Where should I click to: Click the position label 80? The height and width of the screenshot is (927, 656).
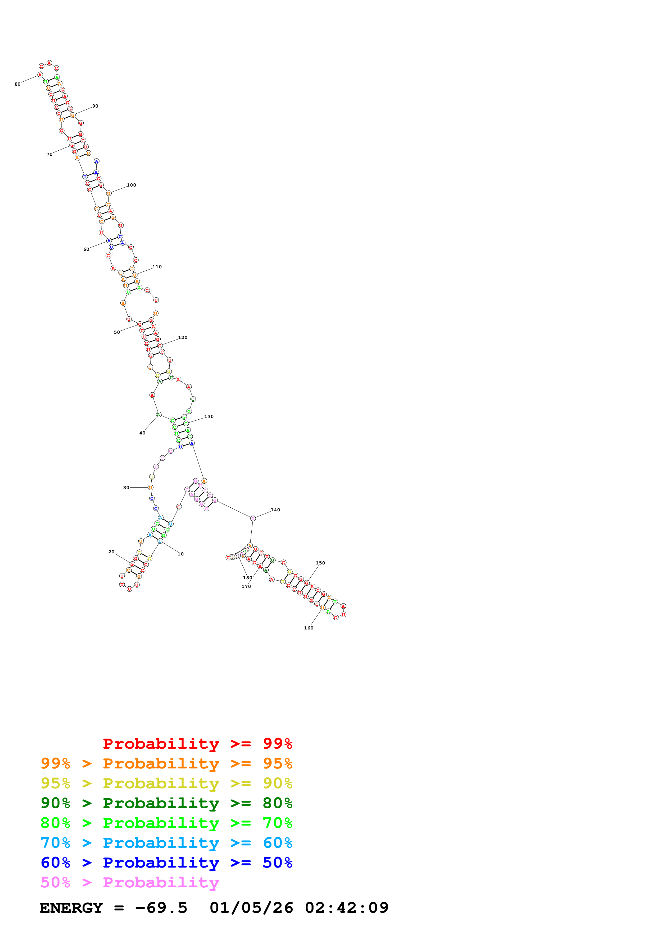[x=17, y=84]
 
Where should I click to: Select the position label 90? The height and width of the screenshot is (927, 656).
[x=95, y=106]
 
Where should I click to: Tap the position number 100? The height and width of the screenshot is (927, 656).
[x=131, y=185]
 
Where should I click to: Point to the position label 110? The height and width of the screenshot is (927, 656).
[x=157, y=267]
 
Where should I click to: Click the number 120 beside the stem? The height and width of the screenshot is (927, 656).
[x=183, y=337]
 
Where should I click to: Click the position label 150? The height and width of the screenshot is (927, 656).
[x=320, y=563]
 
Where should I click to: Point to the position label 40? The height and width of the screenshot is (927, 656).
[x=142, y=433]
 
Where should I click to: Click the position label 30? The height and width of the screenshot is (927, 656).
[x=126, y=488]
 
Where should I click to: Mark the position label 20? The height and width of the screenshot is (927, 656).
[x=111, y=552]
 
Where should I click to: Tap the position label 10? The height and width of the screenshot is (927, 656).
[x=181, y=554]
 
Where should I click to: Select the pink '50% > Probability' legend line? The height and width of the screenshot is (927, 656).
[x=130, y=883]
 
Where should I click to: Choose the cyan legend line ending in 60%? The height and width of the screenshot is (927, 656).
[x=166, y=843]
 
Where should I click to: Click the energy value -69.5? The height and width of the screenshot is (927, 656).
[x=161, y=908]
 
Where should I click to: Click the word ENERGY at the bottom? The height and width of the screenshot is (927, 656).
[x=71, y=908]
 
